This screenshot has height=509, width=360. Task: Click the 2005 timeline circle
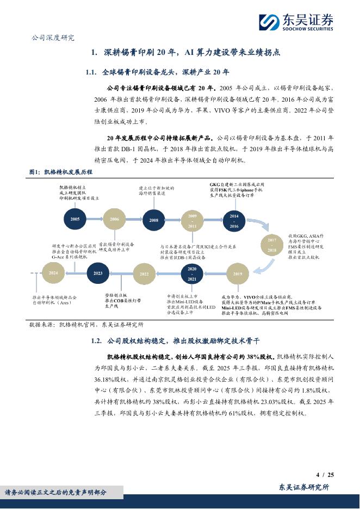coord(75,219)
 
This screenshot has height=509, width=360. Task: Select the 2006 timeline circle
coord(114,219)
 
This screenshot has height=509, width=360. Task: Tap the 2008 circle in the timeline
coord(154,220)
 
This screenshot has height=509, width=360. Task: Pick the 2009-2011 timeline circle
coord(193,220)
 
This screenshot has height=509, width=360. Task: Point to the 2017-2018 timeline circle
coord(272,245)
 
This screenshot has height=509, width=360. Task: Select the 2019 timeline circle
coord(237,274)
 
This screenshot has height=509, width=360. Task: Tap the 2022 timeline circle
coord(144,274)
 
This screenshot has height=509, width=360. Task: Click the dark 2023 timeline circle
coord(98,273)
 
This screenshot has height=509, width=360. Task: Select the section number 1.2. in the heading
coord(94,341)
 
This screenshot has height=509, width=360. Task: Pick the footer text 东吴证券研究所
coord(304,487)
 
